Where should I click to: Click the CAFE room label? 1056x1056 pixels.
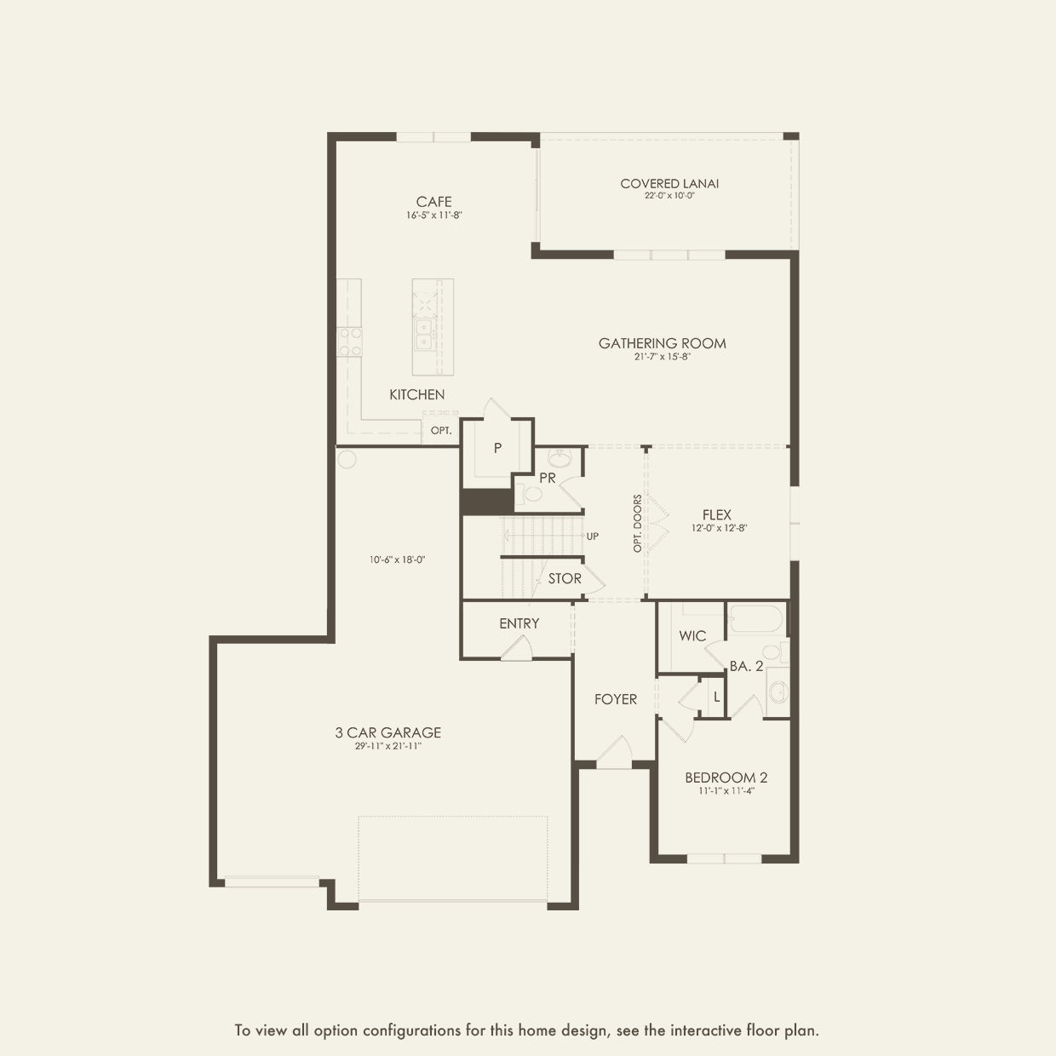pyautogui.click(x=433, y=202)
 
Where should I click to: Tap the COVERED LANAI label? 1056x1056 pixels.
pyautogui.click(x=669, y=183)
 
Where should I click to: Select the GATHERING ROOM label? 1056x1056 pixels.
pyautogui.click(x=662, y=343)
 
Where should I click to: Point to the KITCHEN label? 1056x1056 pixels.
pyautogui.click(x=416, y=394)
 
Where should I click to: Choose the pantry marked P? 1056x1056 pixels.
pyautogui.click(x=497, y=448)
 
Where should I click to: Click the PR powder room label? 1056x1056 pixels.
pyautogui.click(x=547, y=478)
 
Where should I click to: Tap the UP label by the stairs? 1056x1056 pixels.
pyautogui.click(x=592, y=537)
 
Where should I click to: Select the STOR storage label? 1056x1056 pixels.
pyautogui.click(x=565, y=578)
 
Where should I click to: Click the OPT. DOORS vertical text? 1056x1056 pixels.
pyautogui.click(x=637, y=524)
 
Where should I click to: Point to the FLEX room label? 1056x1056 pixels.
pyautogui.click(x=716, y=514)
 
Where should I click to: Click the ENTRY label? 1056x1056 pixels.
pyautogui.click(x=519, y=623)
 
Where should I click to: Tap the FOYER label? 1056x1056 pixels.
pyautogui.click(x=615, y=699)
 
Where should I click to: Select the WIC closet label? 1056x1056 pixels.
pyautogui.click(x=692, y=636)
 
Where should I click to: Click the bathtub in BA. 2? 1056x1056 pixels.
pyautogui.click(x=755, y=618)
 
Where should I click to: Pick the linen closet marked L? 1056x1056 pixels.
pyautogui.click(x=716, y=697)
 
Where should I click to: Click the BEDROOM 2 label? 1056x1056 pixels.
pyautogui.click(x=726, y=778)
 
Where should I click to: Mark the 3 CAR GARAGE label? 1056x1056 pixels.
pyautogui.click(x=387, y=732)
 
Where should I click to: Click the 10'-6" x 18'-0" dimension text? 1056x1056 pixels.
pyautogui.click(x=397, y=560)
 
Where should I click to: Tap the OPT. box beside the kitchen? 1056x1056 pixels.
pyautogui.click(x=440, y=431)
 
